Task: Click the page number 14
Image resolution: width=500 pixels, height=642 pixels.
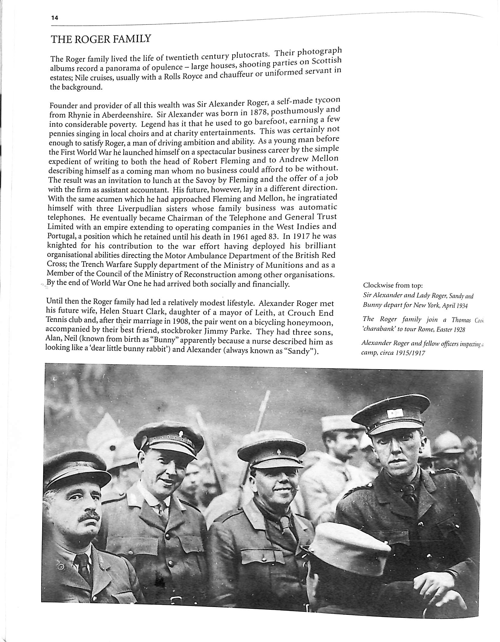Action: (54, 18)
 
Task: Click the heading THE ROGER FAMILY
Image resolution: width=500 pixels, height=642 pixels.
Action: (101, 40)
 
